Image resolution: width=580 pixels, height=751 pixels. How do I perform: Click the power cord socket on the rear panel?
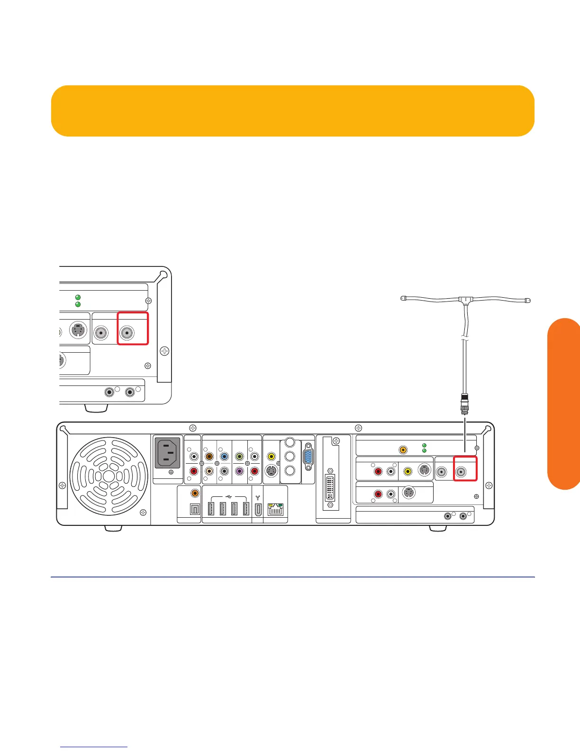pyautogui.click(x=168, y=453)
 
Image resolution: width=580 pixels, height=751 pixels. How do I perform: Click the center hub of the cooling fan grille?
pyautogui.click(x=109, y=476)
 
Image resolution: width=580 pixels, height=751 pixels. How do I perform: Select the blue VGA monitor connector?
pyautogui.click(x=308, y=457)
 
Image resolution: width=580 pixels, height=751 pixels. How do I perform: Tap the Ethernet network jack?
pyautogui.click(x=275, y=510)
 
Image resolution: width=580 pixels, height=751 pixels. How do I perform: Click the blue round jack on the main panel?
pyautogui.click(x=224, y=457)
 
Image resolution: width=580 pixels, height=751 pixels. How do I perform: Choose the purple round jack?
pyautogui.click(x=239, y=472)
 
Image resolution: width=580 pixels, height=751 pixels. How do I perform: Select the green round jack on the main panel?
pyautogui.click(x=239, y=457)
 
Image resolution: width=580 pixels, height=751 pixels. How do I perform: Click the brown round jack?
pyautogui.click(x=209, y=457)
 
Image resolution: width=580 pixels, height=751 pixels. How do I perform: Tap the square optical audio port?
pyautogui.click(x=194, y=510)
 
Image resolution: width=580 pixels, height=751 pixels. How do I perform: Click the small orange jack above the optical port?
pyautogui.click(x=194, y=494)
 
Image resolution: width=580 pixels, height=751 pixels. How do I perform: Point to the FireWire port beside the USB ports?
pyautogui.click(x=257, y=510)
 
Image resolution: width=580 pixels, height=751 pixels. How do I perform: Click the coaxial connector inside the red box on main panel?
pyautogui.click(x=461, y=472)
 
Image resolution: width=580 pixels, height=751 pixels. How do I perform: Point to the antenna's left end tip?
pyautogui.click(x=403, y=298)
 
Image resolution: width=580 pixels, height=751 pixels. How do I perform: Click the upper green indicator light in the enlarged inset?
pyautogui.click(x=78, y=297)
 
